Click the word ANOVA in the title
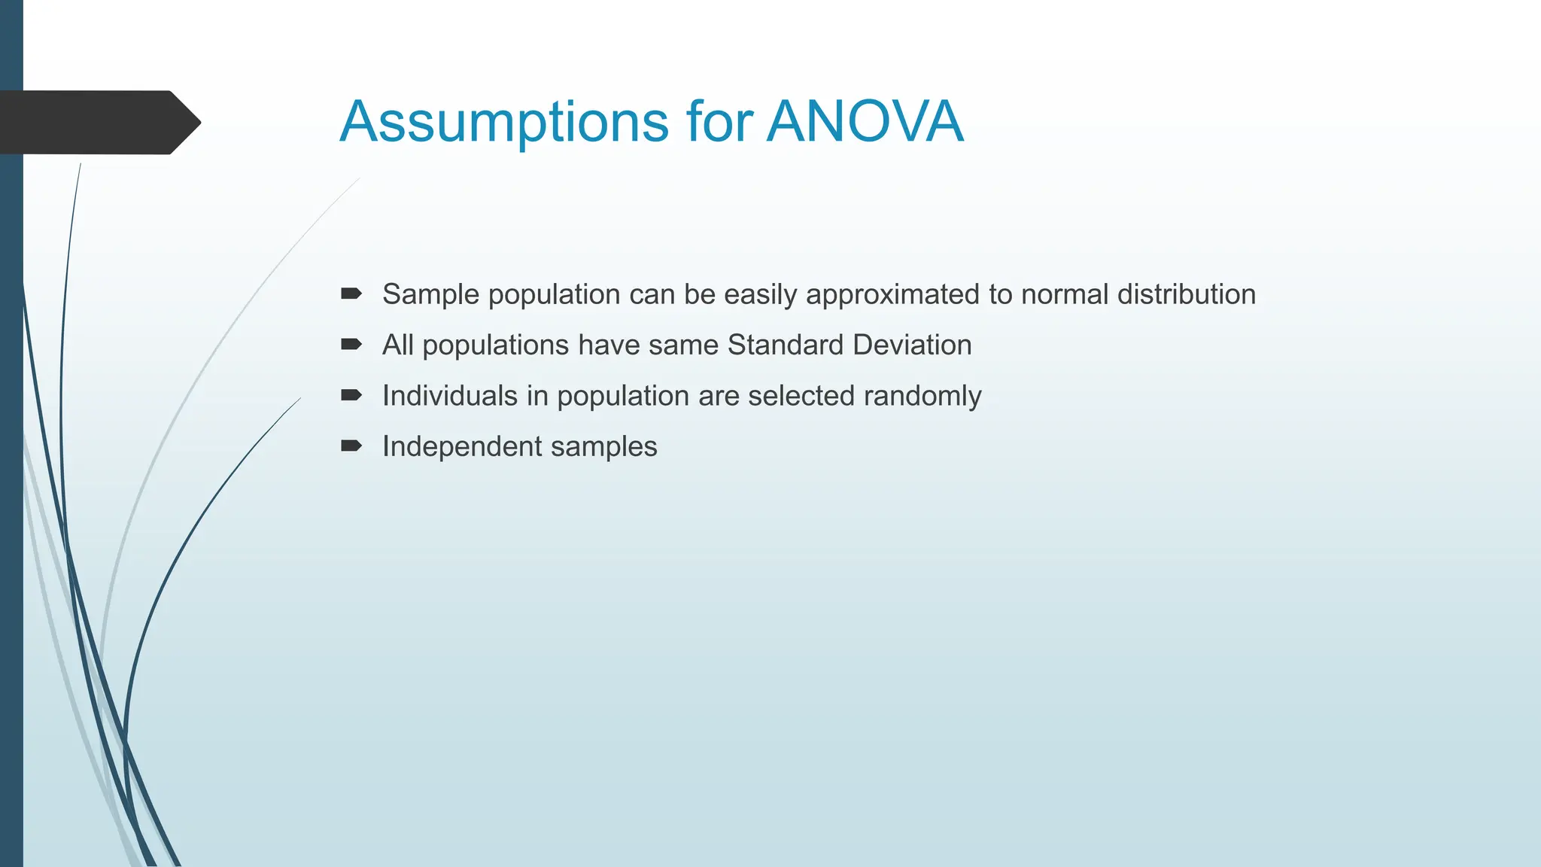tap(865, 122)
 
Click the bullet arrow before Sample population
tap(351, 294)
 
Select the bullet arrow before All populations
tap(351, 345)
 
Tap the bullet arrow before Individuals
tap(351, 395)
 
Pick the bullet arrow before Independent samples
tap(351, 446)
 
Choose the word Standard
tap(786, 345)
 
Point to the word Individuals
tap(450, 396)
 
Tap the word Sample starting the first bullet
tap(430, 295)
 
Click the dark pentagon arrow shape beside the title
tap(98, 123)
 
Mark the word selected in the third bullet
tap(801, 396)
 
